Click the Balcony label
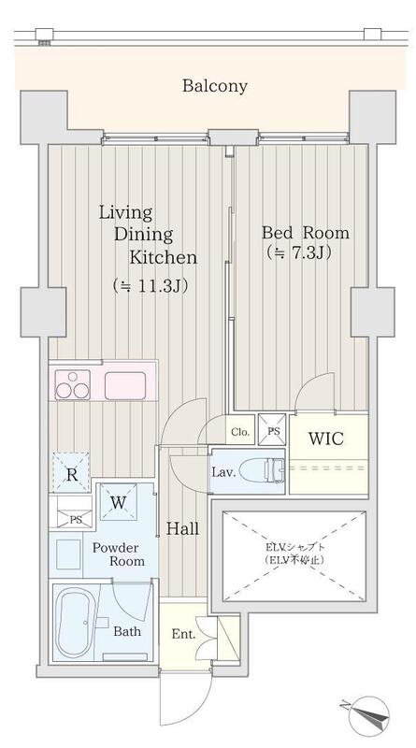(x=215, y=86)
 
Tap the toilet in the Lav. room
(x=262, y=470)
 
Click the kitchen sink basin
(x=125, y=385)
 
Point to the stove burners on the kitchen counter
(x=73, y=385)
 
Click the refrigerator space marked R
(x=72, y=475)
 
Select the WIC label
(x=326, y=439)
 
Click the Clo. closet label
(x=240, y=433)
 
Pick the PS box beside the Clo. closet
(x=272, y=430)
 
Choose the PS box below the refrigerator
(x=71, y=512)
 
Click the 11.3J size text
(x=150, y=286)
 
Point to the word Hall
(x=182, y=528)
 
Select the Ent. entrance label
(x=183, y=635)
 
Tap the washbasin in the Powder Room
(x=68, y=554)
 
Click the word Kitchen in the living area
(x=164, y=258)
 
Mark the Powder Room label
(x=119, y=554)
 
